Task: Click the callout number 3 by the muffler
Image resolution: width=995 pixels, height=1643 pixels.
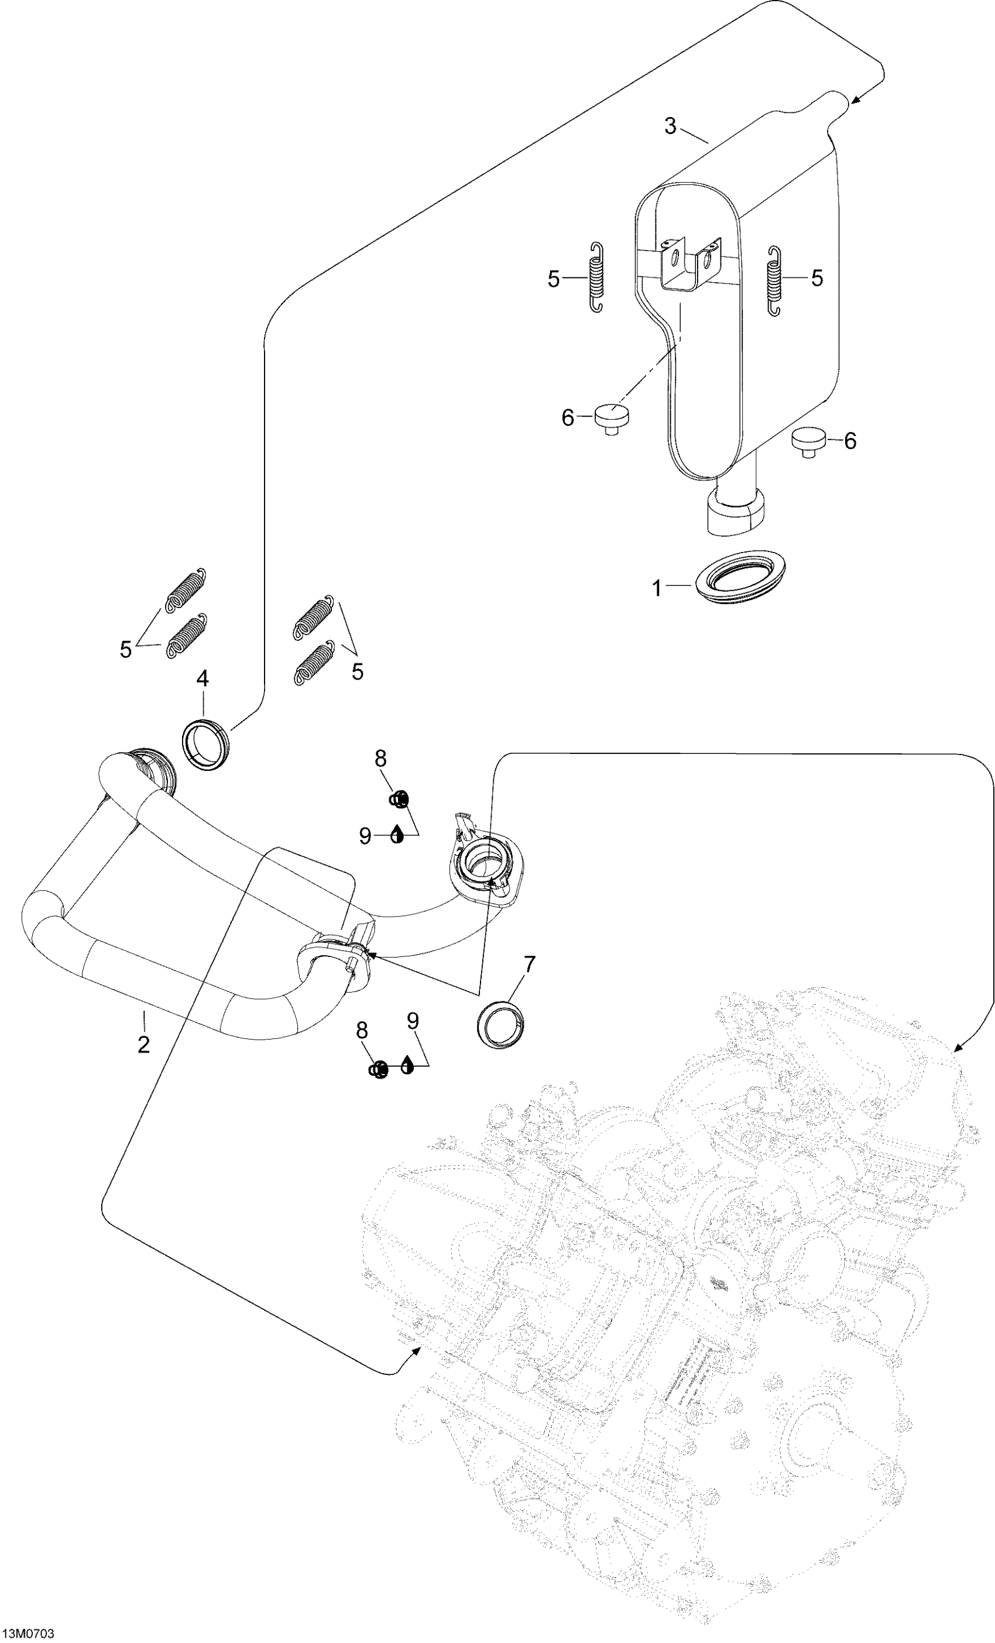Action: (670, 125)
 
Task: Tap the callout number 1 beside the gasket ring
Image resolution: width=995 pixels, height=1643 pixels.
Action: (657, 589)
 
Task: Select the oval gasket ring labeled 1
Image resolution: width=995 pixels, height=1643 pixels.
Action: (737, 577)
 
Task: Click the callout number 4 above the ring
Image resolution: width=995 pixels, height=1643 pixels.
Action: (202, 679)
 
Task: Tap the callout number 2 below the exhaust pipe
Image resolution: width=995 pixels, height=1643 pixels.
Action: (143, 1045)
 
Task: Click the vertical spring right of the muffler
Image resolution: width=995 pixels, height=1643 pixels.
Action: (774, 281)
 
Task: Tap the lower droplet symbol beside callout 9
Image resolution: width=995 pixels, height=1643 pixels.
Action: (407, 1065)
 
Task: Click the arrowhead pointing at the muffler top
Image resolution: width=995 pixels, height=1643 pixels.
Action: (856, 100)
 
